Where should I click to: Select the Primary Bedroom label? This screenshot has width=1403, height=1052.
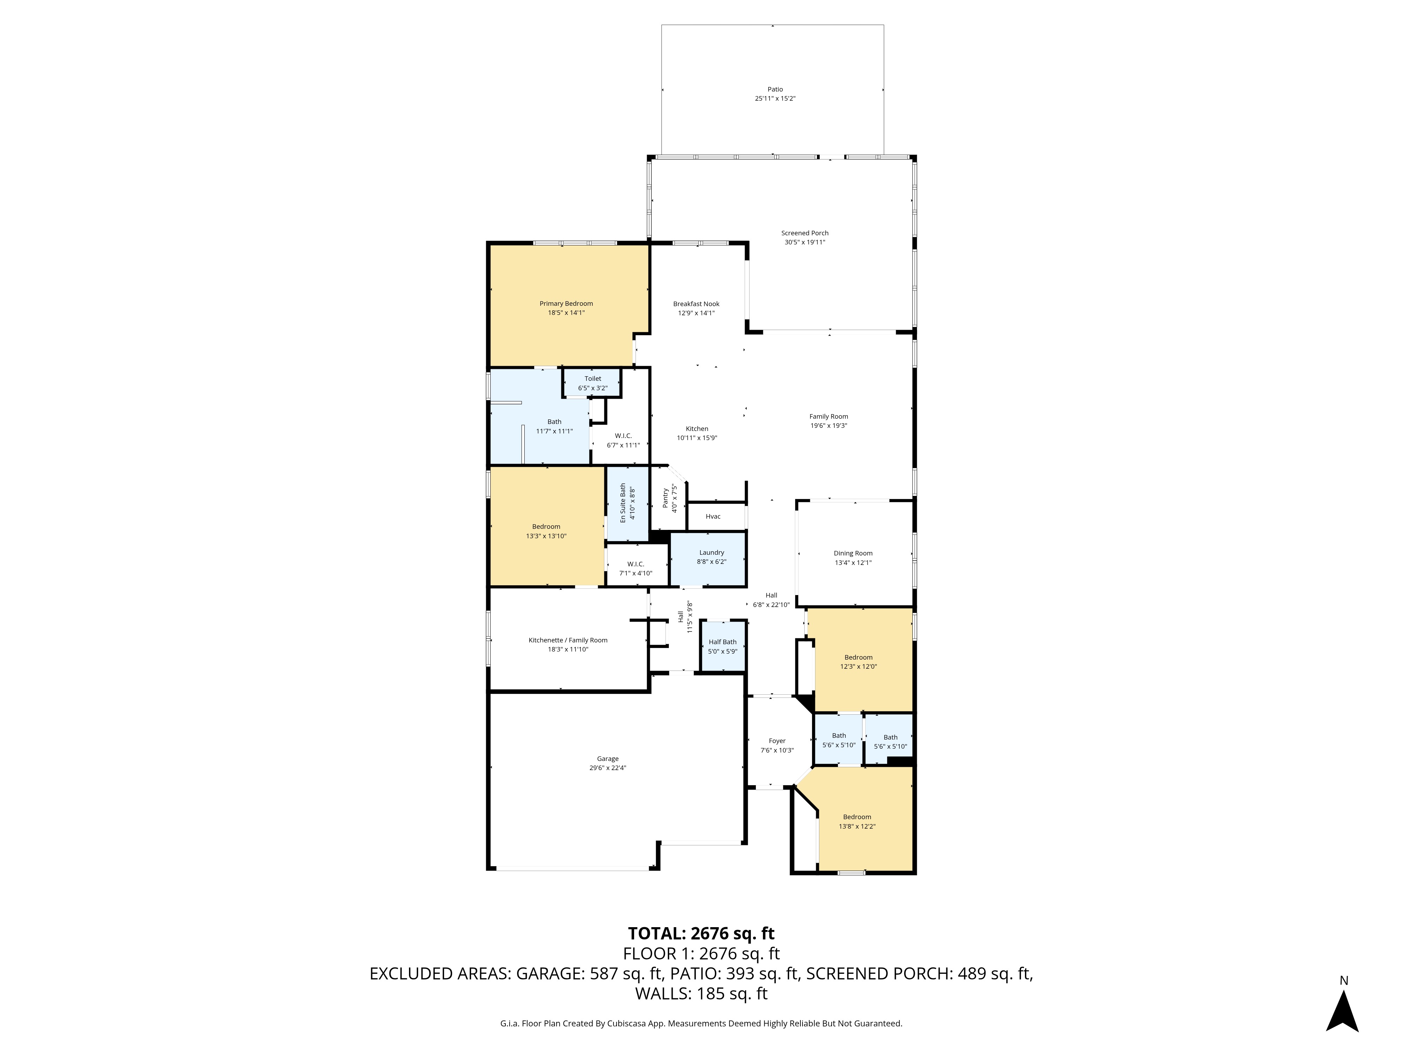coord(566,304)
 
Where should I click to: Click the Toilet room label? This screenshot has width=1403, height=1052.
coord(592,379)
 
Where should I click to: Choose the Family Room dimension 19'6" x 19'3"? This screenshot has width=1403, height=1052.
coord(828,425)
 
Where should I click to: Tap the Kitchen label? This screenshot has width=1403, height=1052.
coord(697,429)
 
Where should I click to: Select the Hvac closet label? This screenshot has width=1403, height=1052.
coord(713,516)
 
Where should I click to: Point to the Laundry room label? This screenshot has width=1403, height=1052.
coord(712,552)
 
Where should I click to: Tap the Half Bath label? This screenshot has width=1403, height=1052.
coord(723,642)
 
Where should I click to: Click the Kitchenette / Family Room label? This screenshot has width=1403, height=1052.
coord(568,640)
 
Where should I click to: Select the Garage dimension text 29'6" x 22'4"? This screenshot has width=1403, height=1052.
coord(607,768)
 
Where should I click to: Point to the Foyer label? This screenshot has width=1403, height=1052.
coord(777,741)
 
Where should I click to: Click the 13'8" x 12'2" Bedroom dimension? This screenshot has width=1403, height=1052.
coord(857,826)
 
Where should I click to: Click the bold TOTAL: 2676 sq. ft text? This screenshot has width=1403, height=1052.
coord(701,933)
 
